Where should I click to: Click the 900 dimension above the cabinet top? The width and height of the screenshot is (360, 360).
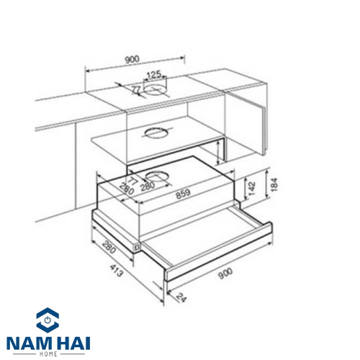pos(132,59)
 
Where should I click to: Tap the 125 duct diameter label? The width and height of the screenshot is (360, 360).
pos(154,75)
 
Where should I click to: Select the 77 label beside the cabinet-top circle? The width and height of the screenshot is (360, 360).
pos(136,90)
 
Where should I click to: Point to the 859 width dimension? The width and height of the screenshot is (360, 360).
pos(183,194)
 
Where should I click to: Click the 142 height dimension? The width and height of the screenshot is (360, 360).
pos(251,189)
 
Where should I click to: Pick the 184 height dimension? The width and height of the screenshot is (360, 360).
pos(274,184)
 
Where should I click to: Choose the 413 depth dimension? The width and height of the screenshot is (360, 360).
pos(117,270)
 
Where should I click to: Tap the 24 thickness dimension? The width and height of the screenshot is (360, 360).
pos(181,298)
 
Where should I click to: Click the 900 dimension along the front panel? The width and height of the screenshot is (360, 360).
pos(225,274)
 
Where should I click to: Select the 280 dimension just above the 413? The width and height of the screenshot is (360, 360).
pos(109,247)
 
